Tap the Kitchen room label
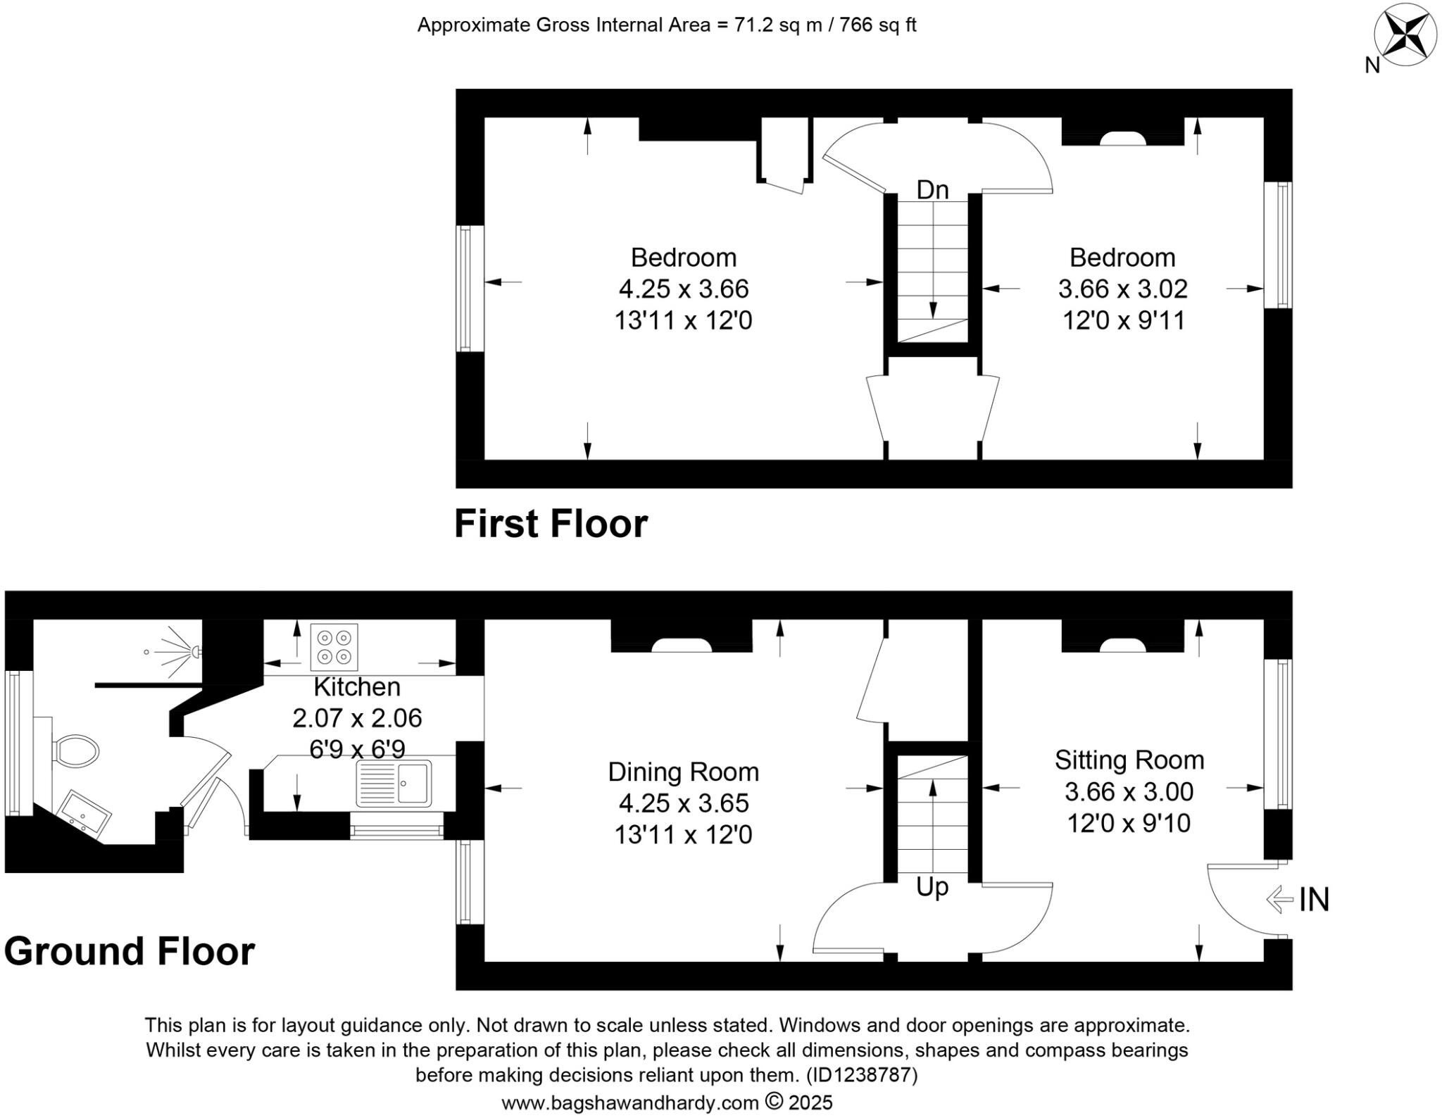[x=357, y=686]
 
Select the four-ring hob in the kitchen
[x=334, y=647]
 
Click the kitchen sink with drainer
[x=394, y=783]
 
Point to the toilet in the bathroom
[x=76, y=751]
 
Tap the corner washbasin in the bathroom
[x=84, y=813]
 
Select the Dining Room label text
[x=683, y=772]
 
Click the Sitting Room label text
[x=1129, y=760]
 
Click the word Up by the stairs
[x=932, y=887]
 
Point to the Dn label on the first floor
[x=932, y=190]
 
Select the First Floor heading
[x=551, y=525]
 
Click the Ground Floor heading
[x=130, y=952]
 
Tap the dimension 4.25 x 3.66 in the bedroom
[x=683, y=289]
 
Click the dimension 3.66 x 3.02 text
[x=1122, y=289]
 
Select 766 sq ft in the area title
[x=877, y=25]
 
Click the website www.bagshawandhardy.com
[x=629, y=1103]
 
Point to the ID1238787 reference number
[x=863, y=1076]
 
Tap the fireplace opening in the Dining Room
[x=681, y=646]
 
